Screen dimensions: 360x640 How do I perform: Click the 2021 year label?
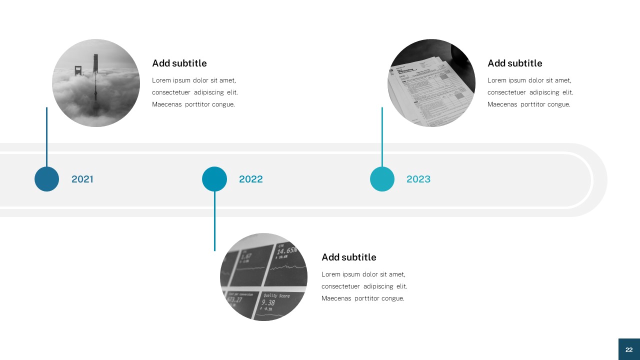coord(82,179)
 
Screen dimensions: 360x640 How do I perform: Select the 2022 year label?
coord(250,179)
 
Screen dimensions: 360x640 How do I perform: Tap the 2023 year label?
coord(418,179)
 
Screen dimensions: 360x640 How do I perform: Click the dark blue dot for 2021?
coord(46,179)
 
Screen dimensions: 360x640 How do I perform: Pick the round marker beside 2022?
coord(214,179)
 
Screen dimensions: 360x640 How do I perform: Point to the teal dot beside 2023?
coord(382,179)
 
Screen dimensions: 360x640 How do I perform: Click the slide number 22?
coord(629,349)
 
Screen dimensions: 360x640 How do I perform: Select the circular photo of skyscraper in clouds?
coord(96,83)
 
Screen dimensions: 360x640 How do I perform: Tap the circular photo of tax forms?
coord(431,83)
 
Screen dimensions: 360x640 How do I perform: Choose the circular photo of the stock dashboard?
coord(263,277)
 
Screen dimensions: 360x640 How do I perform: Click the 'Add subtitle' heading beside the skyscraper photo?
coord(179,63)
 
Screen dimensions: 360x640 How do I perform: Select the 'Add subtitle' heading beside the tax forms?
coord(514,63)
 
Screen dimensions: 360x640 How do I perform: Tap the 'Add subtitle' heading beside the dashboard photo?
coord(348,257)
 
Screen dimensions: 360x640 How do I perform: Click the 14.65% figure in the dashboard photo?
coord(286,250)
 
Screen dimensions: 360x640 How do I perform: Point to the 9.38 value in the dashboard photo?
coord(268,302)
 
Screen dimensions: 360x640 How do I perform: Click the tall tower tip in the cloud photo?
coord(95,55)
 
